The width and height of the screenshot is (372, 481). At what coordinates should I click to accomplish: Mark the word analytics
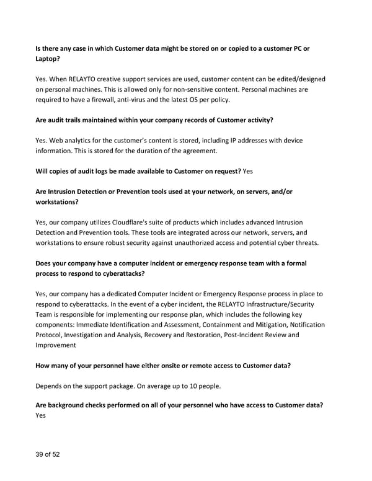(x=85, y=141)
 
